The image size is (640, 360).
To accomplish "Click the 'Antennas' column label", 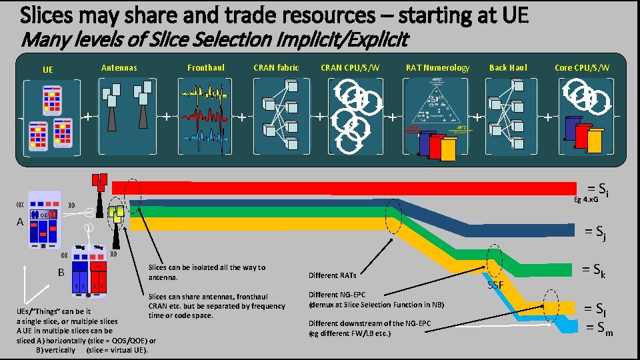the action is coord(119,67).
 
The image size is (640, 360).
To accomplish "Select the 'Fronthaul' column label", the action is coord(206,67).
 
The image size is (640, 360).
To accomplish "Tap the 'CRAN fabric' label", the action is coord(276,67).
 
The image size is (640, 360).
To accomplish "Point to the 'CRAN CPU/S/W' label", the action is coord(350,67).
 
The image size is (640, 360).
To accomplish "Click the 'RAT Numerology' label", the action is coord(437,67).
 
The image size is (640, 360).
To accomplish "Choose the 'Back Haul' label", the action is coord(508,67).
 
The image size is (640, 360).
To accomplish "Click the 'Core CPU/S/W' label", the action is coord(581,67).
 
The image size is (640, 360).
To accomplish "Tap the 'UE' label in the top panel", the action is coord(48,69).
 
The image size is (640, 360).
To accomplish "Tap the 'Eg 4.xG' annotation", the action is coord(587,199).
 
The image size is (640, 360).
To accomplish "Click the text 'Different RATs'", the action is coord(333,275).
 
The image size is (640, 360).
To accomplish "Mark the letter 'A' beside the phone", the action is coord(21,222).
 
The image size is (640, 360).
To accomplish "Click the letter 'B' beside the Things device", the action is coord(61,271).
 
